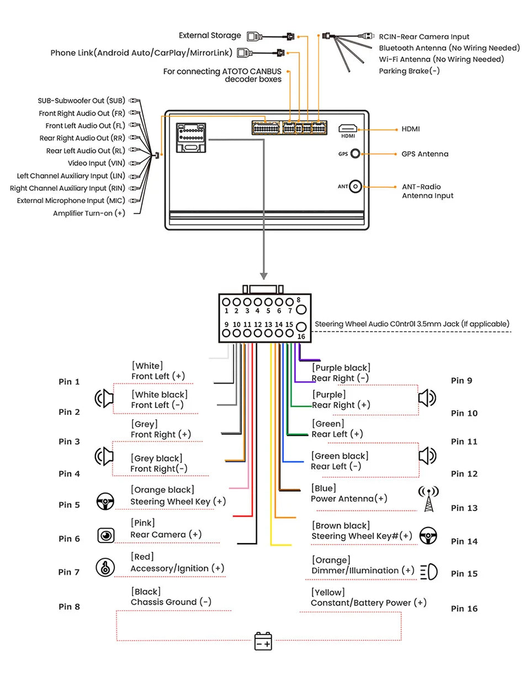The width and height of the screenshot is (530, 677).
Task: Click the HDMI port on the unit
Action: [x=347, y=128]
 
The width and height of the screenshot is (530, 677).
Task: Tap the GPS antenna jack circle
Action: [x=355, y=153]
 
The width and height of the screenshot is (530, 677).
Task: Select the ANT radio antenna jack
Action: [x=355, y=186]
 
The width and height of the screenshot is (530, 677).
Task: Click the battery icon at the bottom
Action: [x=263, y=641]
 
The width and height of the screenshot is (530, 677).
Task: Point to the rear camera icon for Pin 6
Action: [x=105, y=535]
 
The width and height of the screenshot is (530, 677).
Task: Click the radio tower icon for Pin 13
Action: [x=428, y=498]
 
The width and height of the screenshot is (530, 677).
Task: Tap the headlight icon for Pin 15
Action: [x=429, y=572]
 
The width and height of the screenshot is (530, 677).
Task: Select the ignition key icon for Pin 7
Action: [x=105, y=567]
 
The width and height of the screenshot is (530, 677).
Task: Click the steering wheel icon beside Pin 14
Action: [x=428, y=535]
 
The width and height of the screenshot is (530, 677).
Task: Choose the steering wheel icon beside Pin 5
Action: [x=105, y=501]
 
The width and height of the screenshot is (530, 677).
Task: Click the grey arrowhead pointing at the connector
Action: [x=263, y=276]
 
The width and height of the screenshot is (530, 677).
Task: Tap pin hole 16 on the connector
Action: [x=301, y=327]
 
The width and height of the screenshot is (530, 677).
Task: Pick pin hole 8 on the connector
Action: [x=301, y=310]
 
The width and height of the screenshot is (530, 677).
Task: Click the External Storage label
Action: [x=210, y=35]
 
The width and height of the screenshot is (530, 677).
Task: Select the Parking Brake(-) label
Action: [x=409, y=71]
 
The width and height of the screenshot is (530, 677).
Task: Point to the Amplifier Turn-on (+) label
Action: [x=89, y=213]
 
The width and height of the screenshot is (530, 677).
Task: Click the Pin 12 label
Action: [x=464, y=473]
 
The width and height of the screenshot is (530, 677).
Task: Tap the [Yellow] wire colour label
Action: [x=328, y=592]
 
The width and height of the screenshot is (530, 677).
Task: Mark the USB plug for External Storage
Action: [x=255, y=36]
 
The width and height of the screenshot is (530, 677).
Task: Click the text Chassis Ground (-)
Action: [x=171, y=601]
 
